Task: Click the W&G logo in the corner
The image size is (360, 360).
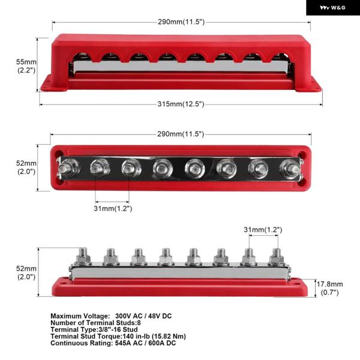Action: point(332,8)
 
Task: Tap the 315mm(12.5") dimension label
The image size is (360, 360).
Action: point(181,104)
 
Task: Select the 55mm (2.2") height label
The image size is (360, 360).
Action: point(26,66)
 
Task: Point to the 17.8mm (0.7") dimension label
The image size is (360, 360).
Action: point(329,288)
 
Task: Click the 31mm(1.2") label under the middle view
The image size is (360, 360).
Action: point(113,208)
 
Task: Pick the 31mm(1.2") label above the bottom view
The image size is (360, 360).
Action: point(263,230)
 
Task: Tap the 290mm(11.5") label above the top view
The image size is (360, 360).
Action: point(181,22)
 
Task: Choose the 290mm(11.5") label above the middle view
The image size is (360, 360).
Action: point(181,134)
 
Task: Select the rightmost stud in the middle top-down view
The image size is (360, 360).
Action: point(290,169)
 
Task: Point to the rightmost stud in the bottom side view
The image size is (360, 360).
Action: point(276,257)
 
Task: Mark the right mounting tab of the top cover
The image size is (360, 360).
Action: point(309,85)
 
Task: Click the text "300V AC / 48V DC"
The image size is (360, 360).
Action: point(143,316)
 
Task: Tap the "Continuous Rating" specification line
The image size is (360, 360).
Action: point(113,343)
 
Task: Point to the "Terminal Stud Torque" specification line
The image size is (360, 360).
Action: point(118,337)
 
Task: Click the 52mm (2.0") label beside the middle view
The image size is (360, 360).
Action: point(26,167)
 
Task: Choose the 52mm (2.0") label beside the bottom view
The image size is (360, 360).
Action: point(26,272)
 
